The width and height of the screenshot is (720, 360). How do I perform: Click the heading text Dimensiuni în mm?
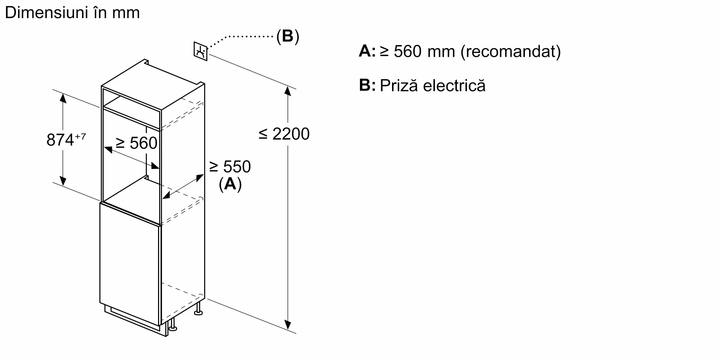(x=72, y=13)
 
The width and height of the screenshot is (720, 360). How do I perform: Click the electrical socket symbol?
(x=201, y=51)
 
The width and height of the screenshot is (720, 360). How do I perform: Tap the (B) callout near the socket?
(x=288, y=36)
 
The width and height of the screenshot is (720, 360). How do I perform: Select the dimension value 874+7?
(x=66, y=140)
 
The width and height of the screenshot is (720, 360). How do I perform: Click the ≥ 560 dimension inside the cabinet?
(x=136, y=143)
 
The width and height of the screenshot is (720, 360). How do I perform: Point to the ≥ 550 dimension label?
(x=230, y=167)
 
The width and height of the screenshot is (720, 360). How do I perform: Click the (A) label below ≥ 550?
(x=230, y=184)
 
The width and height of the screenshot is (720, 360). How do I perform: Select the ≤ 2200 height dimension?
(x=284, y=134)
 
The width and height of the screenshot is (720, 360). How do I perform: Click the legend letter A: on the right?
(x=367, y=51)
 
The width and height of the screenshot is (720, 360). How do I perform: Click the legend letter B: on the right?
(x=367, y=86)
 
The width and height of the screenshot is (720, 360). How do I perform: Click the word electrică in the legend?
(x=454, y=86)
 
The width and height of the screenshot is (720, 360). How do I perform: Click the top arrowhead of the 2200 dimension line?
(x=287, y=90)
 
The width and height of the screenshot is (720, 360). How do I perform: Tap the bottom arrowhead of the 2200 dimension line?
(x=287, y=325)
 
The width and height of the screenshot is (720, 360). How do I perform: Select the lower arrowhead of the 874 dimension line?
(x=63, y=181)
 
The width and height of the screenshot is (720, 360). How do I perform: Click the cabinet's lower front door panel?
(x=130, y=266)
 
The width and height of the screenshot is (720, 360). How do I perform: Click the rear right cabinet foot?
(x=198, y=311)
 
